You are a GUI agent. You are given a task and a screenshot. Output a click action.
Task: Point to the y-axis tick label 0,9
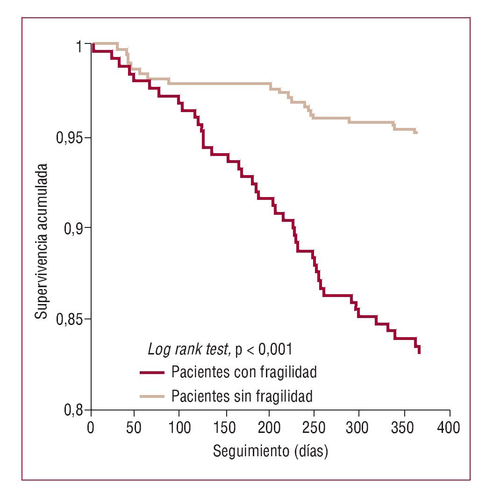tap(74, 228)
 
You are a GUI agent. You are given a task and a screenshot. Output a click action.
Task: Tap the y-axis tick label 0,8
tap(74, 411)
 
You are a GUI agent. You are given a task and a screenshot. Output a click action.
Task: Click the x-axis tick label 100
tap(180, 428)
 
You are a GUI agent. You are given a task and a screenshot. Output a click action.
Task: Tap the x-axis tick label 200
tap(270, 428)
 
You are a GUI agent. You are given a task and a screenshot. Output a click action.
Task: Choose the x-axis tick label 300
tap(360, 428)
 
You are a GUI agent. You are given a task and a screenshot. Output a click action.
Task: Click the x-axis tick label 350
tap(405, 428)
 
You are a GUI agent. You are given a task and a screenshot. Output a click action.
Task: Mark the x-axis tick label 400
tap(450, 428)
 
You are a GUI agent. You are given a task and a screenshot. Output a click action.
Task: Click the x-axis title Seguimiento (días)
tap(270, 452)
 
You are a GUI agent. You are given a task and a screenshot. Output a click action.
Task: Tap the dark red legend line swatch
tap(152, 373)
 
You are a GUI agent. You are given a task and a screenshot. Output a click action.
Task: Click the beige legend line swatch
tap(152, 397)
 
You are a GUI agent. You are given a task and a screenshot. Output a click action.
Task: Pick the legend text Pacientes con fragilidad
tap(244, 372)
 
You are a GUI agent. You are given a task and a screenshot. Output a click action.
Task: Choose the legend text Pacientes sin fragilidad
tap(242, 396)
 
